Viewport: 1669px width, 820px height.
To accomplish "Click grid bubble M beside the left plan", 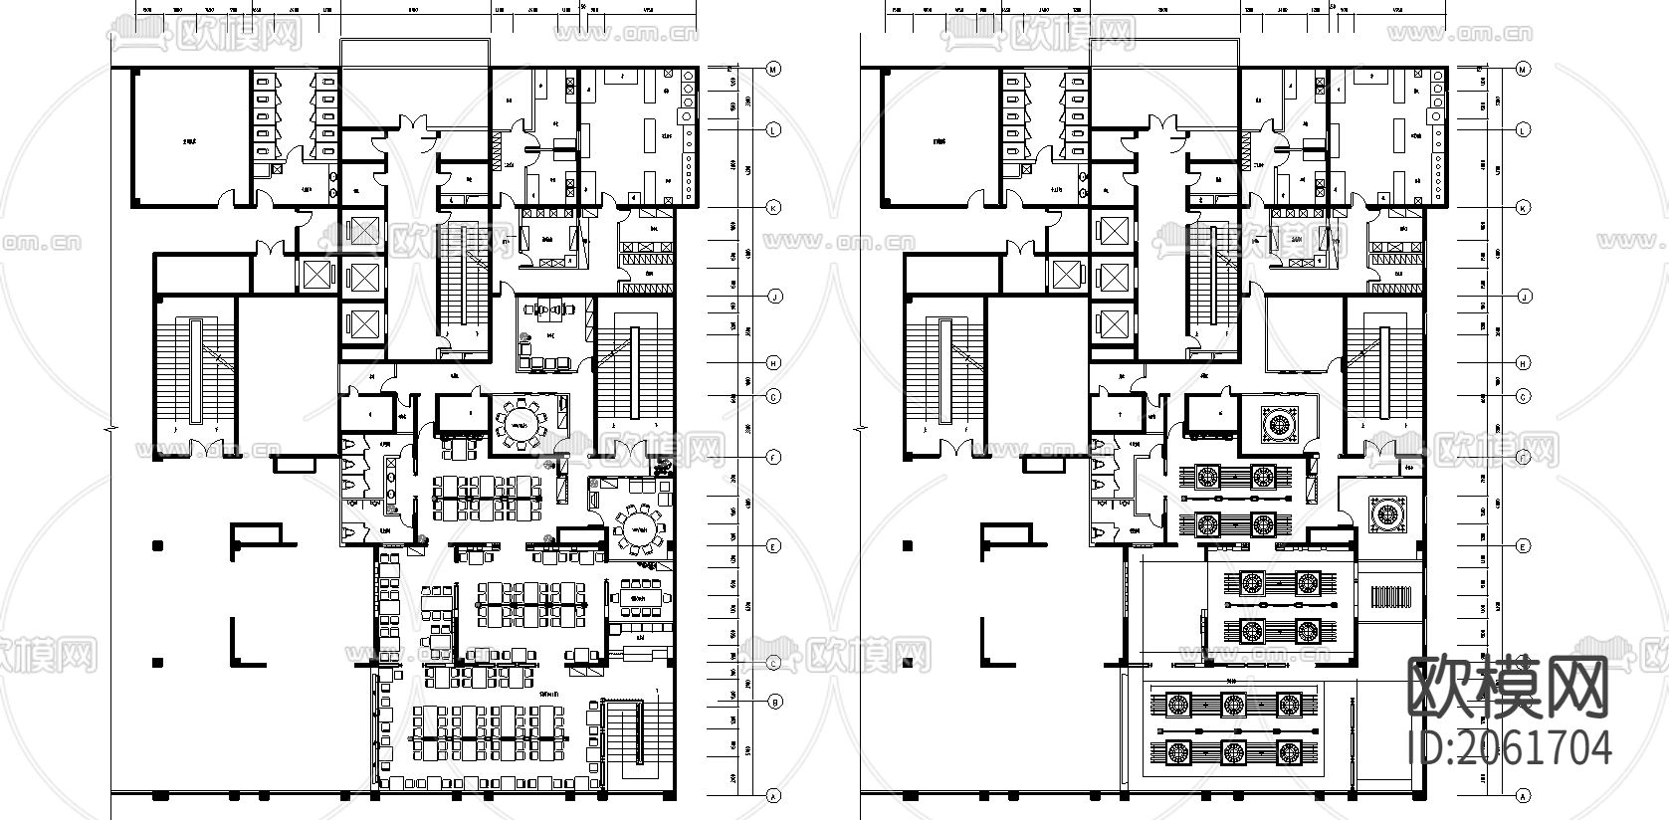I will point(773,69).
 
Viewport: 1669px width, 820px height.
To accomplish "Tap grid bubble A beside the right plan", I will point(1522,796).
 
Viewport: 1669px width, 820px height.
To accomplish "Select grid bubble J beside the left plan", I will point(773,297).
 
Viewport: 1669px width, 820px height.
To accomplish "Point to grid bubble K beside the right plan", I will point(1522,208).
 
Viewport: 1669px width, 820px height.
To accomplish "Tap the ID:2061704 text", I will point(1511,745).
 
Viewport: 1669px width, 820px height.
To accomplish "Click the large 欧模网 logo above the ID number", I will point(1509,687).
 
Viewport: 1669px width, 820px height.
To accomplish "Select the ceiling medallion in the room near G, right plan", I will point(1278,425).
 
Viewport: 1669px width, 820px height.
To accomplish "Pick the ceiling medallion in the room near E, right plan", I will point(1385,513).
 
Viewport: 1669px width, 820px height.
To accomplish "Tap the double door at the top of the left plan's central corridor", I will point(411,128).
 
